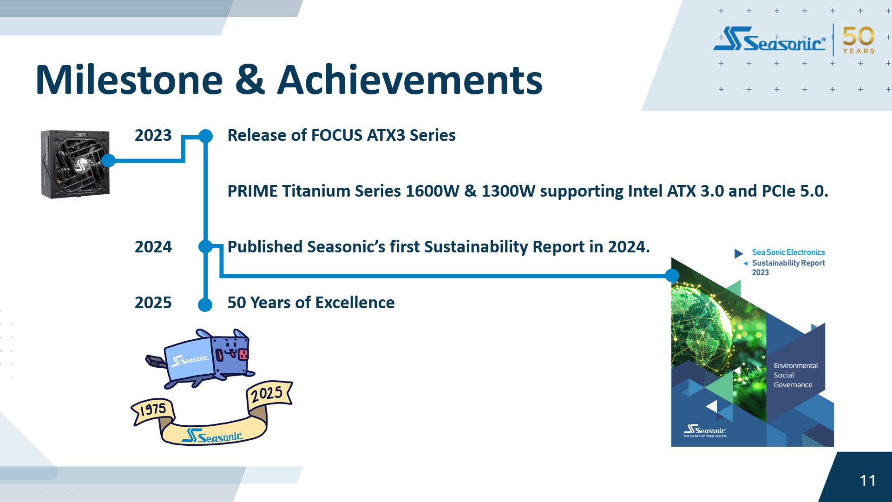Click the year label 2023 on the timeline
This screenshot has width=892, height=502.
153,135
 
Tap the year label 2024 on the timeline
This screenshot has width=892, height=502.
153,247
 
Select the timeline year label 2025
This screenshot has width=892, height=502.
153,303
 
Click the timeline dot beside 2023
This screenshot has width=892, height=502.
205,136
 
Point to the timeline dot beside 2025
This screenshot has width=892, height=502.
205,305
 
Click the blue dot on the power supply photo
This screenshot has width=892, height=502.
108,161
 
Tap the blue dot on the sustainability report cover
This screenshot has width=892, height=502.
672,276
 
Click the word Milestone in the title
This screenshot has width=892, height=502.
130,80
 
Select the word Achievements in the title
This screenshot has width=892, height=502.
410,80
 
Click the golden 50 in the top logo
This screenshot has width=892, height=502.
858,36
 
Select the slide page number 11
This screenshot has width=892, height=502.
867,481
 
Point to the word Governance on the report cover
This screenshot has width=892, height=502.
793,385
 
